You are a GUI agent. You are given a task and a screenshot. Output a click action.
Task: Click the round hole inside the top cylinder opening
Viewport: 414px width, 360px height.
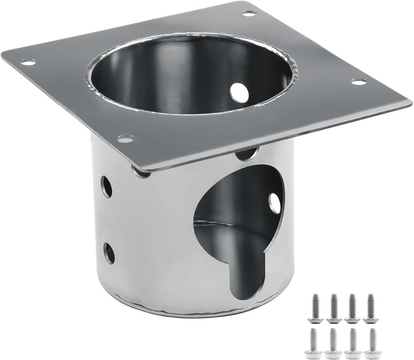[x=239, y=91]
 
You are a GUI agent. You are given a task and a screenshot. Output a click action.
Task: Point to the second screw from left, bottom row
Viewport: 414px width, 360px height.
[x=332, y=342]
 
